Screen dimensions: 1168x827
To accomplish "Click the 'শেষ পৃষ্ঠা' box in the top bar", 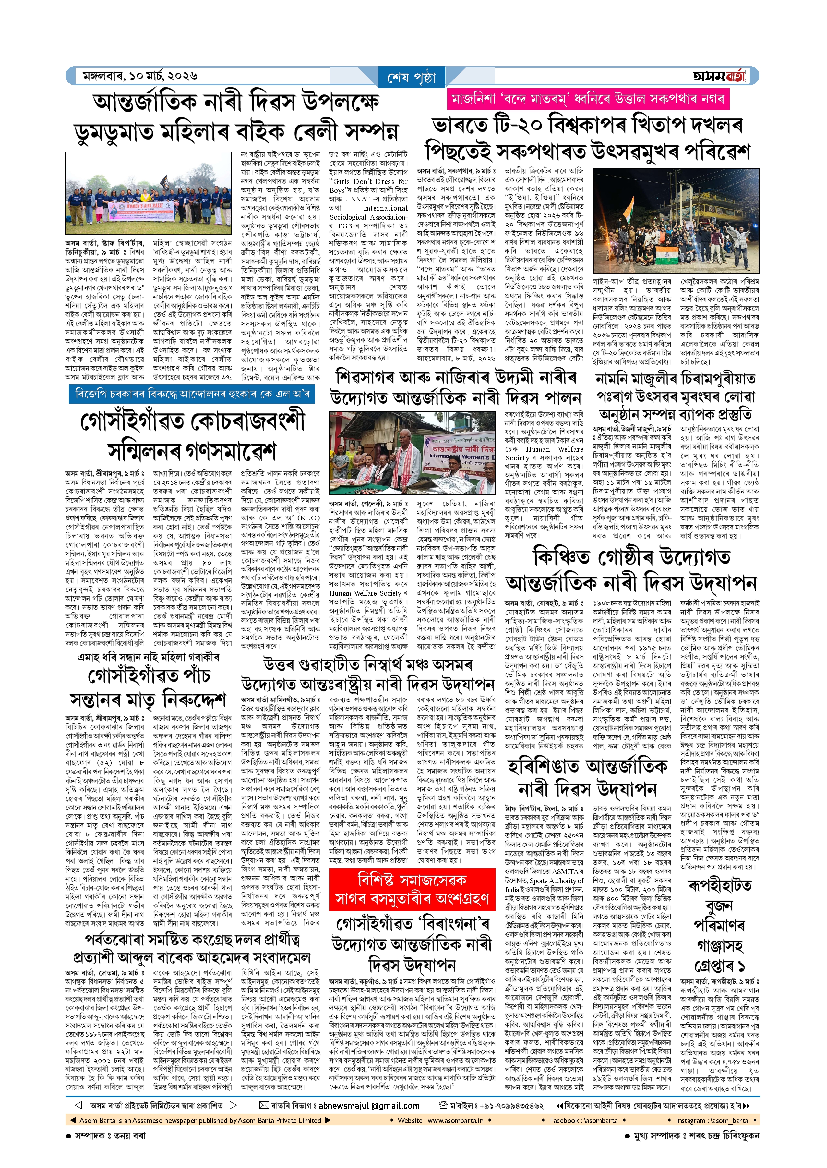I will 412,78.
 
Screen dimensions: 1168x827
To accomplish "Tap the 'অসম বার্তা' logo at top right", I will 719,76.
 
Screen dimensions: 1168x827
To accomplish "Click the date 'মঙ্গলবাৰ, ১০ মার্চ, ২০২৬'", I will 140,76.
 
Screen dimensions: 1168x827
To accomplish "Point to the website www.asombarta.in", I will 440,1120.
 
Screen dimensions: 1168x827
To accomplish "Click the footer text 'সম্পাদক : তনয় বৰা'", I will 110,1136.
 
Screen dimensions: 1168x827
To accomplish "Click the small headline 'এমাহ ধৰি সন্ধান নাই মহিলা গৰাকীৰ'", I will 148,658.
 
